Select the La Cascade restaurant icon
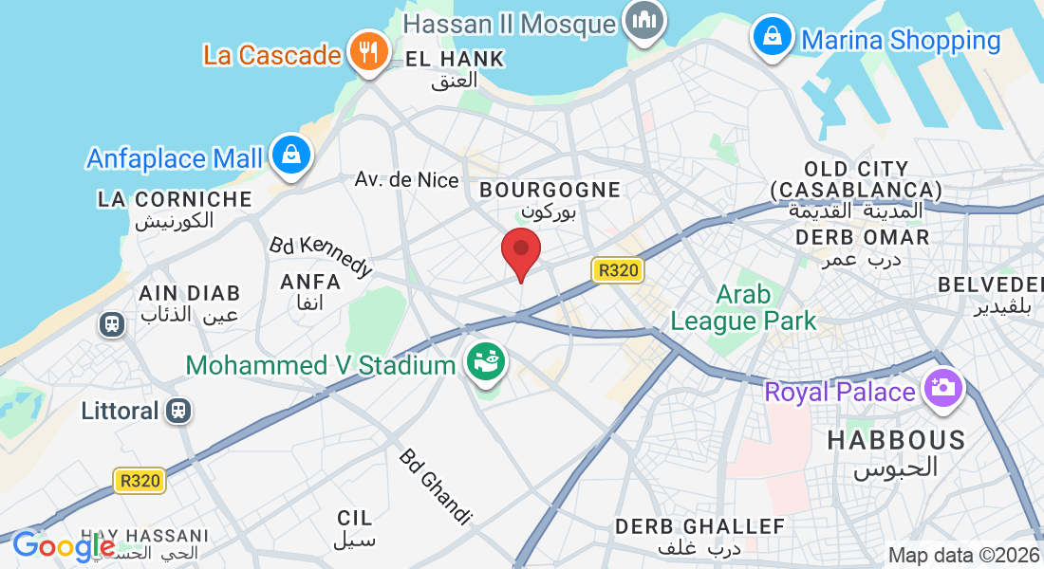click(x=364, y=50)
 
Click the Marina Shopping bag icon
click(x=774, y=37)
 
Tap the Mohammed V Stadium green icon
click(x=486, y=363)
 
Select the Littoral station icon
click(x=177, y=411)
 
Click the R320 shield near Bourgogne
click(x=619, y=270)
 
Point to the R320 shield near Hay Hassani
click(x=140, y=481)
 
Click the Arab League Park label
click(x=743, y=307)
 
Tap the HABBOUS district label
click(x=896, y=440)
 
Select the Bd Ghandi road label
click(x=435, y=486)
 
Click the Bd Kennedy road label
click(x=322, y=256)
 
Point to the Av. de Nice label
click(x=406, y=179)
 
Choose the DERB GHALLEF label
click(x=699, y=526)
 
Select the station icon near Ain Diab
click(x=112, y=324)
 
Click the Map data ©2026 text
click(x=963, y=556)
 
